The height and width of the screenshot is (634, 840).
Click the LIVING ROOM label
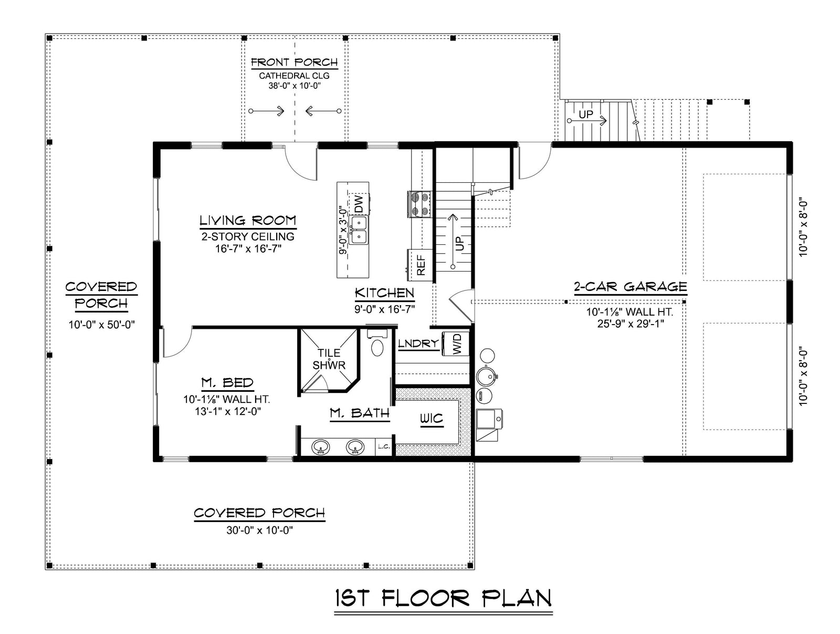click(247, 221)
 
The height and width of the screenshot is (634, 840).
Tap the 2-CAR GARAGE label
click(630, 287)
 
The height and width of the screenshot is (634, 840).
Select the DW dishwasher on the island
click(359, 204)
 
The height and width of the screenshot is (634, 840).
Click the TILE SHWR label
click(329, 359)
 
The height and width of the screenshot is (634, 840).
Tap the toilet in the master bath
click(377, 346)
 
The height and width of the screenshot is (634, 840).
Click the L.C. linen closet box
click(383, 446)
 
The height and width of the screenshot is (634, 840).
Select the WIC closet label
click(431, 419)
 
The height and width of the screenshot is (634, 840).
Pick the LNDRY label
click(418, 344)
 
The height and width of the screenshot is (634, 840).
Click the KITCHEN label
click(384, 293)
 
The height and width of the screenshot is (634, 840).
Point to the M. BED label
click(227, 383)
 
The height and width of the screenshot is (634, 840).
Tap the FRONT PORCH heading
click(294, 63)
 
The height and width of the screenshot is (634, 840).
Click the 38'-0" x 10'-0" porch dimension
click(294, 86)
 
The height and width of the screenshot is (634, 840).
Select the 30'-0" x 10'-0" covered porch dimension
click(259, 531)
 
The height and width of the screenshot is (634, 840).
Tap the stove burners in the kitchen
click(419, 204)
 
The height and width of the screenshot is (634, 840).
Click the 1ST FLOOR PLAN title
click(443, 599)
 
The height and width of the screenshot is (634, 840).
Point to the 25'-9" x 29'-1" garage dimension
click(630, 324)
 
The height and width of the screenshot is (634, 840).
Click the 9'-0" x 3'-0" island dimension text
click(343, 230)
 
